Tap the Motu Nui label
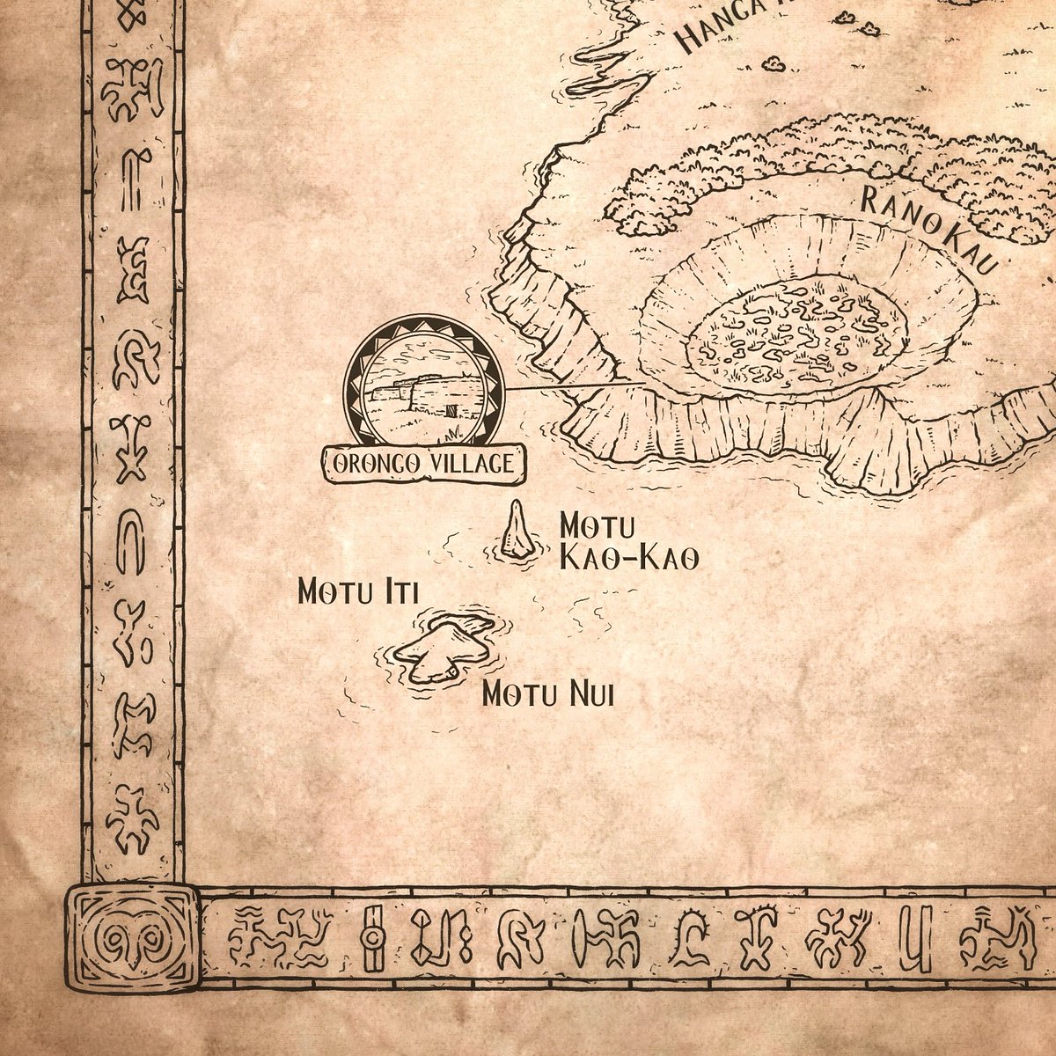[547, 695]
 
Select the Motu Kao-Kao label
[628, 542]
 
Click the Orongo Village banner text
[424, 464]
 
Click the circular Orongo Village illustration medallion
[424, 387]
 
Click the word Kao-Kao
[628, 559]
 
